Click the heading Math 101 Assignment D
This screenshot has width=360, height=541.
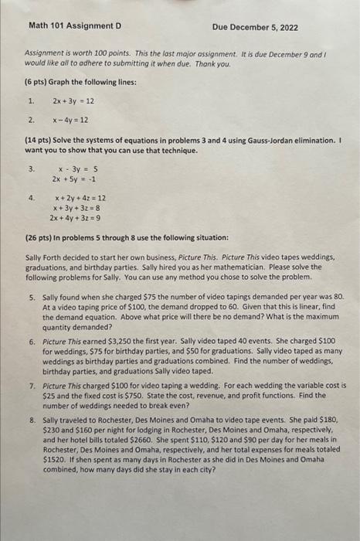click(75, 26)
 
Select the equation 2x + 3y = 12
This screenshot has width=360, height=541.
click(73, 100)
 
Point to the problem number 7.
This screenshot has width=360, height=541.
click(32, 384)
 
